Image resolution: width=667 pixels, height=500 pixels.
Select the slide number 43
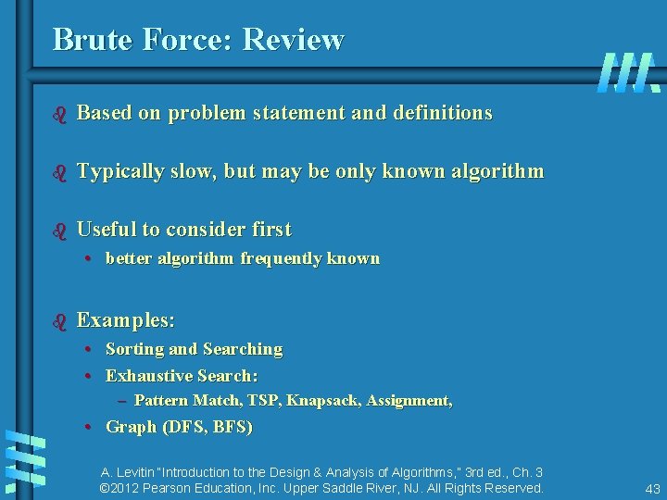651,488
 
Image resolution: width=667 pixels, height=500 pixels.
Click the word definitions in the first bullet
443,113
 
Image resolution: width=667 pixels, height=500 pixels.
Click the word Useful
107,229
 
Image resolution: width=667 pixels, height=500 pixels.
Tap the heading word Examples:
126,320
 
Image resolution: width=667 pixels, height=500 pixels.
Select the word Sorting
134,349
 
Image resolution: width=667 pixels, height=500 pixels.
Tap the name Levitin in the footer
139,472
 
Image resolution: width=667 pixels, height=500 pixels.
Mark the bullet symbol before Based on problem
60,114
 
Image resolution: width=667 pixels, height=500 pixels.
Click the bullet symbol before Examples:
60,321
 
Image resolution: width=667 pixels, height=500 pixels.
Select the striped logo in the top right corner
629,71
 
